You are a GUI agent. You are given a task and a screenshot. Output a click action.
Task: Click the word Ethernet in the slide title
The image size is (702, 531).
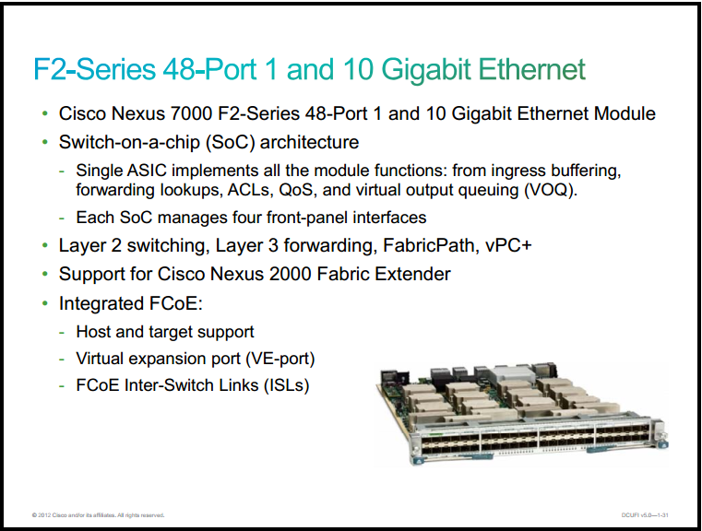(532, 69)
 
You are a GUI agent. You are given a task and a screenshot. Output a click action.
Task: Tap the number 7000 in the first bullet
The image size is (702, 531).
(191, 113)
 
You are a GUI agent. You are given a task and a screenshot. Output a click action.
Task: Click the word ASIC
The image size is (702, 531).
(147, 171)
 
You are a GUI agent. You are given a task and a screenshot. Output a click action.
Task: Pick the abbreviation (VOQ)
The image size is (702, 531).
(551, 190)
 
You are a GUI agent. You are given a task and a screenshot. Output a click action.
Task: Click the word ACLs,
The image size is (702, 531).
(250, 190)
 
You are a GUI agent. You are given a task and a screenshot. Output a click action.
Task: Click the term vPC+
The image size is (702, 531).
(508, 245)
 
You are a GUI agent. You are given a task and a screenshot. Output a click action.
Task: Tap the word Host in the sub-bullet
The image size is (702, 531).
(92, 332)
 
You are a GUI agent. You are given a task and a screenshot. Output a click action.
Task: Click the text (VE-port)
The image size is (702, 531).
(280, 359)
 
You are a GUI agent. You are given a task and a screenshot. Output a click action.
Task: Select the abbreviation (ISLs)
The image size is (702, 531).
(287, 385)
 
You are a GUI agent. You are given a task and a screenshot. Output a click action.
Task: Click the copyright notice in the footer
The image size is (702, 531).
(98, 515)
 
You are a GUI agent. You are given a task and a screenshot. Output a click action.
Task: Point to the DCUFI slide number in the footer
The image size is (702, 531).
(645, 515)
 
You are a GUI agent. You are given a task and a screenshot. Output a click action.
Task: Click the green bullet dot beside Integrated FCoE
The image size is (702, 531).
(45, 303)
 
